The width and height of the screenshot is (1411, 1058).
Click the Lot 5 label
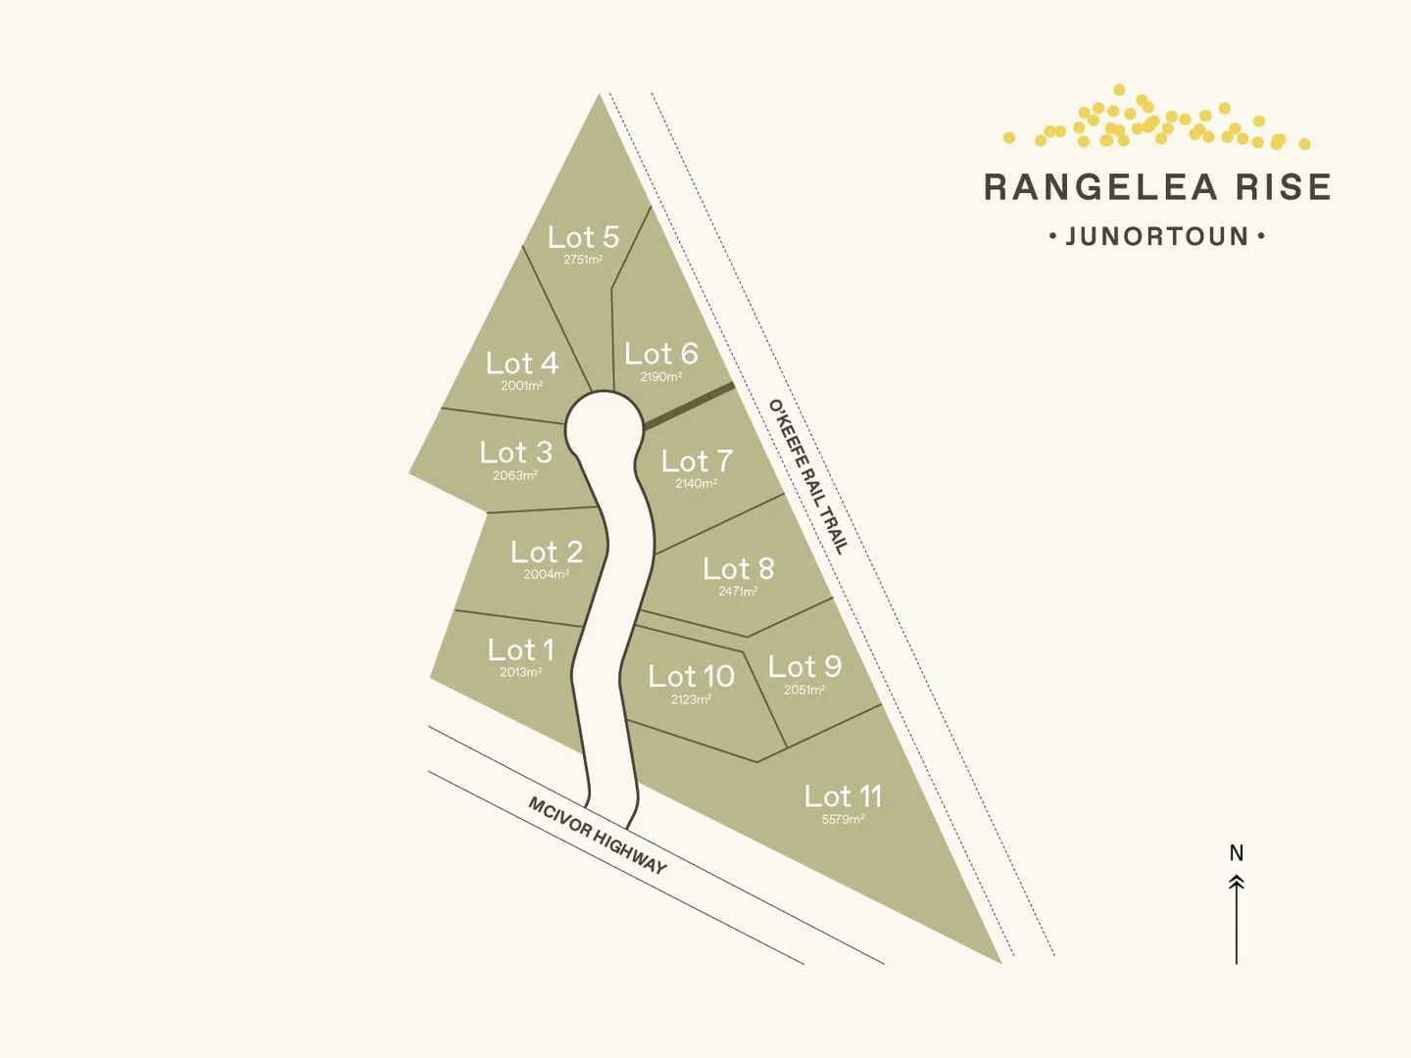583,237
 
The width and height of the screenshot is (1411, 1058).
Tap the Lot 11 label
843,796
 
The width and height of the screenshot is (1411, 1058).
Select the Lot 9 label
804,667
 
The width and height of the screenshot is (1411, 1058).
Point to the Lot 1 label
520,650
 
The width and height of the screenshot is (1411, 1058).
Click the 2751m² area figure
583,261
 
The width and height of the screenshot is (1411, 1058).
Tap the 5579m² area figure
843,819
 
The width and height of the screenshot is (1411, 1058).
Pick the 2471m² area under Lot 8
738,592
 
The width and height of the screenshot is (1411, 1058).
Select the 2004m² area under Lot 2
546,575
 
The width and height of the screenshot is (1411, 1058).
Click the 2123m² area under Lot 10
691,699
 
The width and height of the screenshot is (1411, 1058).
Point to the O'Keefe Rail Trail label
806,476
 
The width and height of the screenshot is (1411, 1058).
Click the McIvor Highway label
598,836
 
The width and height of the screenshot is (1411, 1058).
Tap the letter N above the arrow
1237,853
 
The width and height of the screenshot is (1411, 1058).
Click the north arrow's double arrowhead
1237,883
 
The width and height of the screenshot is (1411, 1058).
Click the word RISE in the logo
1284,187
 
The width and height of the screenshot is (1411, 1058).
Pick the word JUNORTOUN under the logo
1157,237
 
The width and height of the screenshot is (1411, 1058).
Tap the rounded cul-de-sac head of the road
601,424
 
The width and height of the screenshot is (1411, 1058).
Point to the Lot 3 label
515,453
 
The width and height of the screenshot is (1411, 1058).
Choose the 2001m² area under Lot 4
521,386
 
